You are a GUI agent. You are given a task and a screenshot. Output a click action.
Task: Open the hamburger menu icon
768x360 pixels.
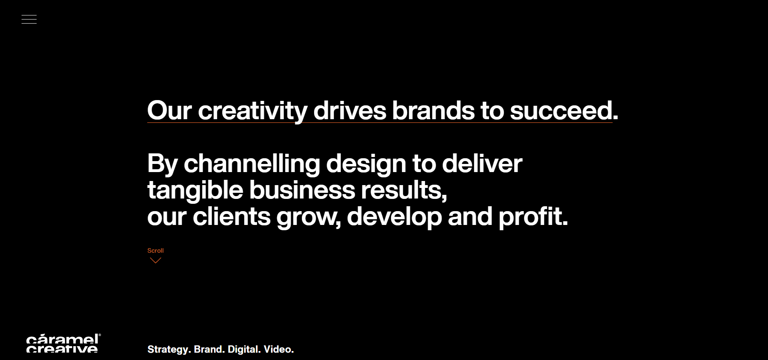29,19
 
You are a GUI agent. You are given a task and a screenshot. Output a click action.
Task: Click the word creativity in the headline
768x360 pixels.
253,111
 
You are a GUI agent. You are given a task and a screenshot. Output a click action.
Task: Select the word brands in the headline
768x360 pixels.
433,110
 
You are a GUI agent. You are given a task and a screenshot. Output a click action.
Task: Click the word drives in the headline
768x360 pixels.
350,110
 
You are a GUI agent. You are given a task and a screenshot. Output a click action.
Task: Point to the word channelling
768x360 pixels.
252,164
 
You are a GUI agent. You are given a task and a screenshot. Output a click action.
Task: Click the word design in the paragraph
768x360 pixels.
366,164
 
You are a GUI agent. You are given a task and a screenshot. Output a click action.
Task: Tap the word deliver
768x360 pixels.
482,164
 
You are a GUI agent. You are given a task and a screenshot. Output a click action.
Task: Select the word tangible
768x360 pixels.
195,190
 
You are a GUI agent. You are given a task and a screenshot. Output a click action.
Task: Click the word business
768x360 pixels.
302,190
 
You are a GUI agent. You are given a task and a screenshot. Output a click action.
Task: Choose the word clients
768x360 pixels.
231,216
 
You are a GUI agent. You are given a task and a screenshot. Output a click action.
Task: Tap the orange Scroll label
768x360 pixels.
155,251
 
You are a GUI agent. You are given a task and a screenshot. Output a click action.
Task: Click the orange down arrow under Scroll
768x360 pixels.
155,260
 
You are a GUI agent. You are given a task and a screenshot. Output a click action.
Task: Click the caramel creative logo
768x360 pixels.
63,343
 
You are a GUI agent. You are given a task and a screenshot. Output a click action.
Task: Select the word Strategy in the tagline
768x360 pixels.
168,349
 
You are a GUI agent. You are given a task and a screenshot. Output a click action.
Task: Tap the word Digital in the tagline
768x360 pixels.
243,349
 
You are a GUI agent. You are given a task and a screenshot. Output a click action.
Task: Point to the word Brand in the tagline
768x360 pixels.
208,349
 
